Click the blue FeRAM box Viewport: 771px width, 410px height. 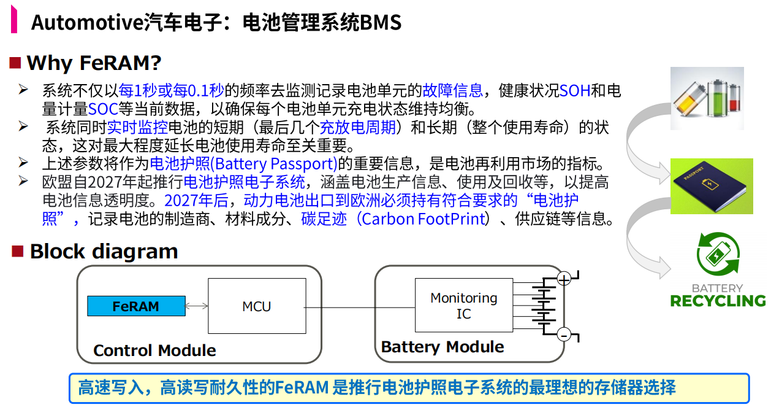(136, 306)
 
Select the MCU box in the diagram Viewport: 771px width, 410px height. (256, 306)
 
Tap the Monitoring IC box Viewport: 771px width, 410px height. (463, 306)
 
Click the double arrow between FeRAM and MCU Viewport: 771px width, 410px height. (197, 306)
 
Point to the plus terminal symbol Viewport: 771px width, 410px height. (564, 279)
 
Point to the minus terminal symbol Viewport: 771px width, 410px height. (564, 335)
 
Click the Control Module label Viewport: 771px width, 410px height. (154, 350)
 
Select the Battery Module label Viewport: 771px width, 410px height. (442, 347)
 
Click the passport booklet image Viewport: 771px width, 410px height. (711, 185)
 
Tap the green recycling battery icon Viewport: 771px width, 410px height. (718, 256)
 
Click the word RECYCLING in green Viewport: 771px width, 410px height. (718, 301)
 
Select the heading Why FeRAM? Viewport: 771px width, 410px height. (94, 63)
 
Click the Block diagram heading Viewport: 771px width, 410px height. (104, 251)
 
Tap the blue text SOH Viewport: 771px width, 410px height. (574, 91)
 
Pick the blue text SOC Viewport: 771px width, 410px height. (103, 110)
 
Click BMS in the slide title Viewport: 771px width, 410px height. (381, 23)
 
